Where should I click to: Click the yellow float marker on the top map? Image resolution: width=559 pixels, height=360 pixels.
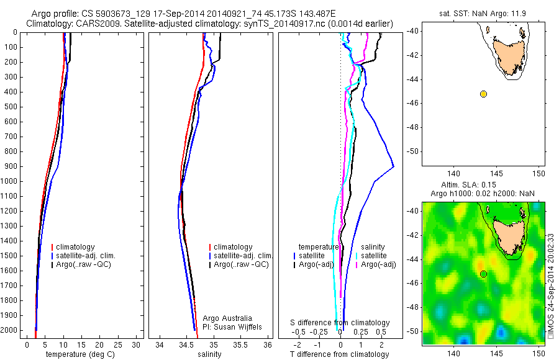click(483, 94)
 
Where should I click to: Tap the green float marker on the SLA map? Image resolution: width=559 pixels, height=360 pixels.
click(483, 274)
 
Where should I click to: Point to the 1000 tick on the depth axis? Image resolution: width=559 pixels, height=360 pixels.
click(10, 181)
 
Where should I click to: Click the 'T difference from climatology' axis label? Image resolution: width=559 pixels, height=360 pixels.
click(339, 354)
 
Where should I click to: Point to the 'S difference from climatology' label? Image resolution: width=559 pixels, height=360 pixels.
click(340, 323)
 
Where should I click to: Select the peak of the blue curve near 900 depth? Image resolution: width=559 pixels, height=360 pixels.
click(394, 166)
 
